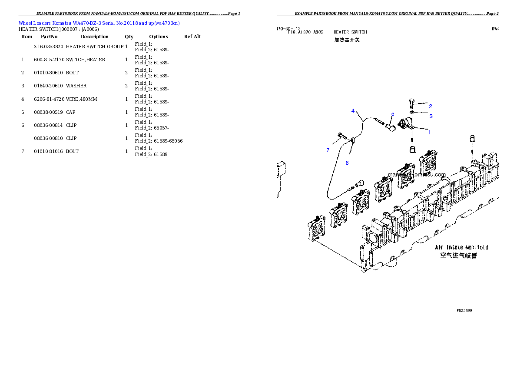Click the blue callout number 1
430,132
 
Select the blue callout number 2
430,106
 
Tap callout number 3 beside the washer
431,116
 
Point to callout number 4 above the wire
353,111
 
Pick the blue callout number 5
392,114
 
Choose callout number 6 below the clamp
347,163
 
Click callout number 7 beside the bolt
328,150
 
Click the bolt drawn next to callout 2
412,103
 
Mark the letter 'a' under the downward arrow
412,149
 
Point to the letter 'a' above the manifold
472,139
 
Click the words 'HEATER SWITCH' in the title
350,32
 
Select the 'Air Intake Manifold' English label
461,247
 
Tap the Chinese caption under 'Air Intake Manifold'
458,256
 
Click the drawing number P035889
464,310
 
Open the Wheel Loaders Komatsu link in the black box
99,23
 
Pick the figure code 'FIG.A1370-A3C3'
305,32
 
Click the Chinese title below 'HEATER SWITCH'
347,40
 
